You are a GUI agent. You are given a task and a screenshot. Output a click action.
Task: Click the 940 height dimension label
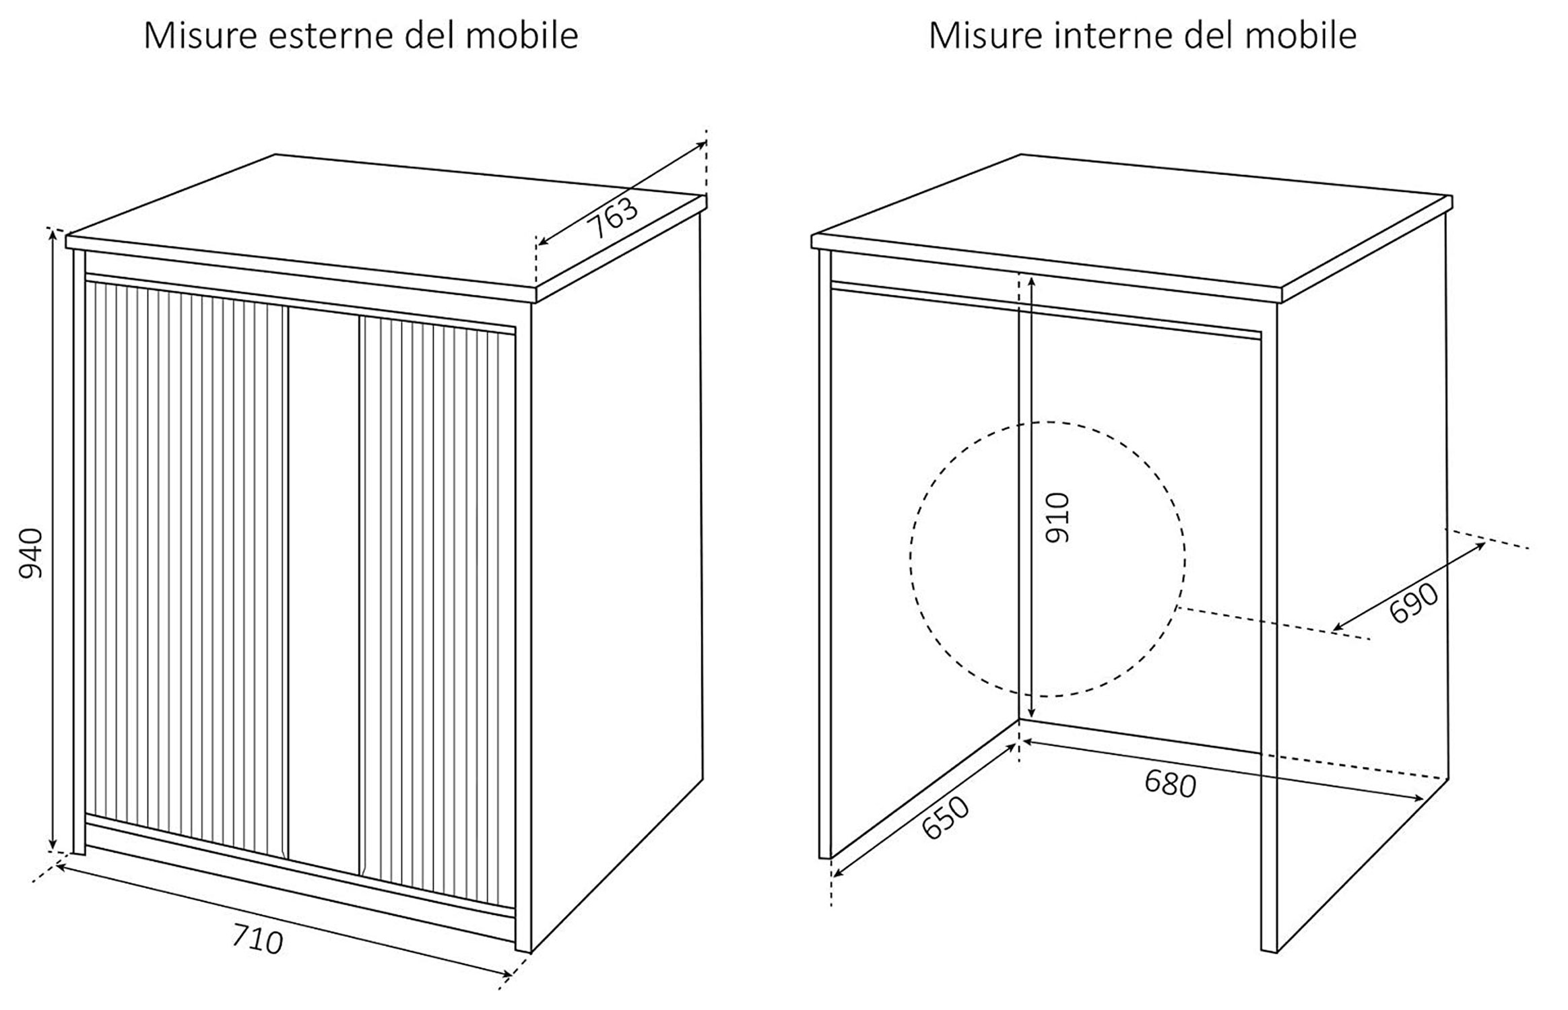[31, 553]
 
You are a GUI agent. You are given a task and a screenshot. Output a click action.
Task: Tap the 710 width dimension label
[257, 939]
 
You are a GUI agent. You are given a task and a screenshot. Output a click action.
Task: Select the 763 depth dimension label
[613, 217]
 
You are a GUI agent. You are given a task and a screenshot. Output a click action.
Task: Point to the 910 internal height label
[1056, 518]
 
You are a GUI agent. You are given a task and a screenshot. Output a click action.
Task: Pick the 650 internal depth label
[945, 817]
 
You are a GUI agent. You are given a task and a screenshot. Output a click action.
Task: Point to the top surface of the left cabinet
[384, 222]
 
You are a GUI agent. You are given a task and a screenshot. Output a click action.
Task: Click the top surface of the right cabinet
[1132, 222]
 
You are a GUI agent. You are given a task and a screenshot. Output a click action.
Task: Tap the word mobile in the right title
[1300, 36]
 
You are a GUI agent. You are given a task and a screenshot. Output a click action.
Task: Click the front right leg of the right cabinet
[1268, 640]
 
